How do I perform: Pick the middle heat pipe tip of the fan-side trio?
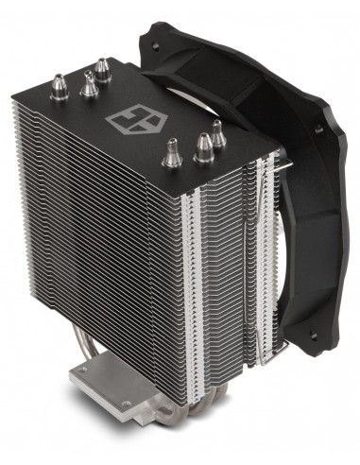pos(202,144)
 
